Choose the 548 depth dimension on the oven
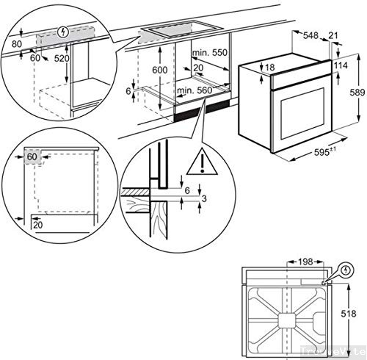tap(312, 35)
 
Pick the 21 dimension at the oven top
tap(335, 35)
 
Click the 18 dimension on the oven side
tap(270, 68)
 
